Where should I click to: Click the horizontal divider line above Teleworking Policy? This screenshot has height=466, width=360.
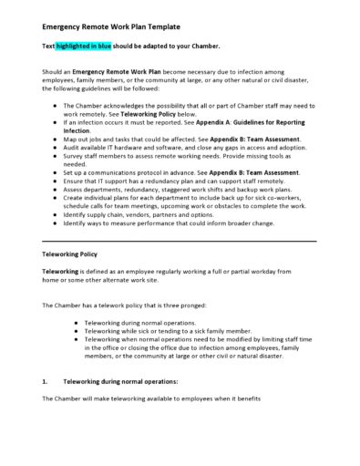180,240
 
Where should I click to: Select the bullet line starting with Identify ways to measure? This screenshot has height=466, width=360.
172,223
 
